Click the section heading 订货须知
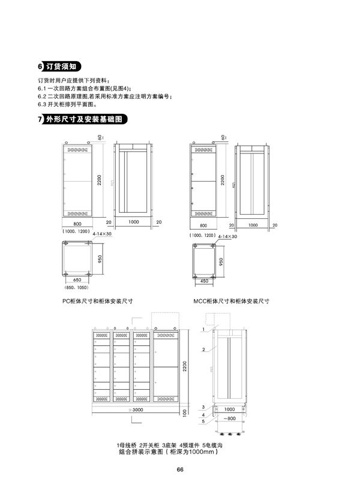tap(61, 67)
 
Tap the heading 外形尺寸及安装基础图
tap(84, 119)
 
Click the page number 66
tap(180, 469)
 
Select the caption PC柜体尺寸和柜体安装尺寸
tap(97, 301)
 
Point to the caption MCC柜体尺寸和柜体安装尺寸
tap(232, 301)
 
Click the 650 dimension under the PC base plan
tap(77, 280)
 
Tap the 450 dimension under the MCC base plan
tap(204, 281)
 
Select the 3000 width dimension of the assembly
tap(137, 409)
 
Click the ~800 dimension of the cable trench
tap(230, 418)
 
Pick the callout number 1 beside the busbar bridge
tap(203, 329)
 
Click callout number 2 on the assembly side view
tap(203, 350)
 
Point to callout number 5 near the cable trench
tap(203, 421)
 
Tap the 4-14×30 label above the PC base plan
tap(102, 234)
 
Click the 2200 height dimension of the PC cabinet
tap(99, 180)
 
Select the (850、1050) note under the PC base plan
tap(76, 287)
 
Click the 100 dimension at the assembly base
tap(184, 412)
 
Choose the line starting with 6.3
tap(67, 104)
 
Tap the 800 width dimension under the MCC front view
tap(203, 225)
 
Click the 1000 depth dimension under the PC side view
tap(134, 222)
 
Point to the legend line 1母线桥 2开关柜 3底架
tap(146, 445)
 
